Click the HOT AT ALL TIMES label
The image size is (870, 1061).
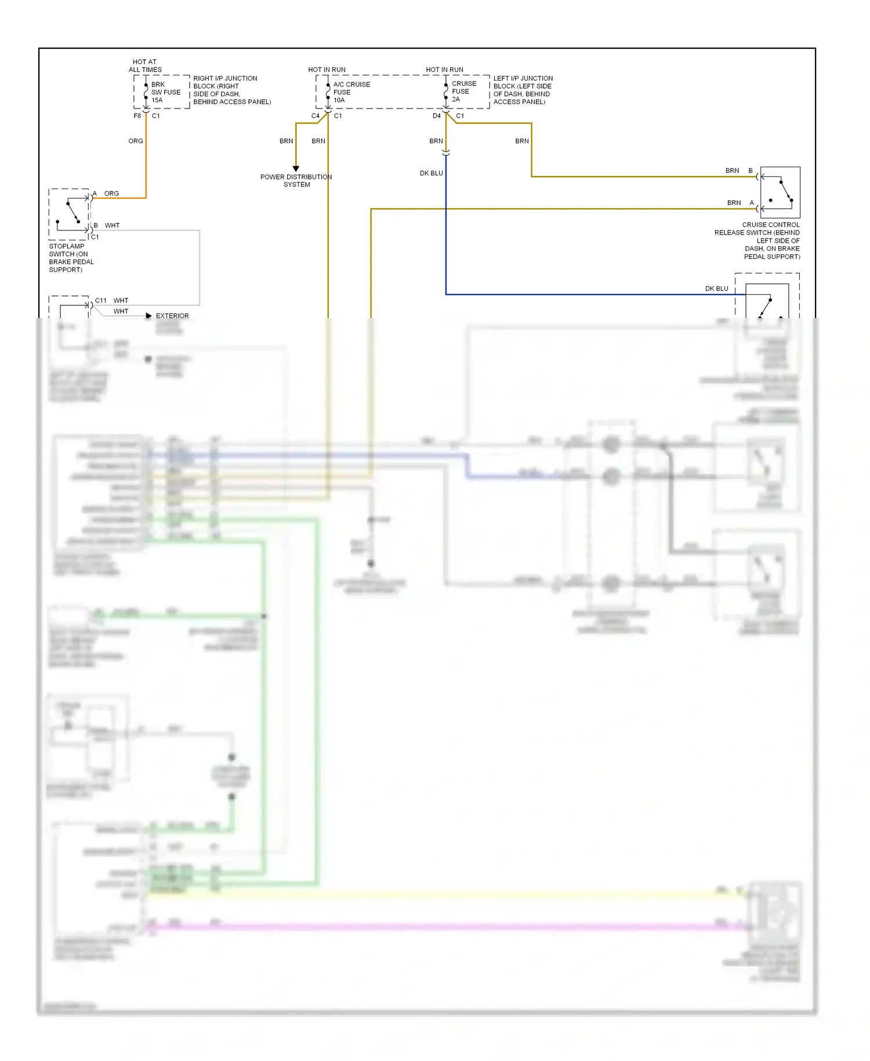click(x=145, y=66)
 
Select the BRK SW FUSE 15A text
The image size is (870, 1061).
click(x=165, y=92)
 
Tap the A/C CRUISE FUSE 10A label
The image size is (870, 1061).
click(x=351, y=92)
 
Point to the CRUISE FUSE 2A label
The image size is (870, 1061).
click(x=463, y=91)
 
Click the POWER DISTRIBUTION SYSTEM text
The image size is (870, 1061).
click(x=296, y=181)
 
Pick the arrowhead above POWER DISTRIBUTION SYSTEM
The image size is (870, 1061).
click(x=296, y=169)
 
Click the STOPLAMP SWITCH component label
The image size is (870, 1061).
click(x=71, y=258)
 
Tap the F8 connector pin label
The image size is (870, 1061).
click(x=137, y=116)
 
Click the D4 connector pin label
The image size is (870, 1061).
click(x=436, y=116)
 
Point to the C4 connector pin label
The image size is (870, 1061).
click(x=315, y=116)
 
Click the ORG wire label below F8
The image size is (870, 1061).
click(x=136, y=141)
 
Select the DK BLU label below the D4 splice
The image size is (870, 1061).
click(x=431, y=173)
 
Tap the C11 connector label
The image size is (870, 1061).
click(x=101, y=301)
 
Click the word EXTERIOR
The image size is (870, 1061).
click(x=172, y=316)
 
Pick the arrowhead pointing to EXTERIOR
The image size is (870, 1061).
click(x=149, y=316)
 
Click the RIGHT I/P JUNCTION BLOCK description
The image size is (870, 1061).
click(x=231, y=90)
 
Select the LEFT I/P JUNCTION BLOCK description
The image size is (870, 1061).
click(x=523, y=90)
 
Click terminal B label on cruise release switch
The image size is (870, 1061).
click(x=751, y=171)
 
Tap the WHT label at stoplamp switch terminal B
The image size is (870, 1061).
click(x=112, y=225)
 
